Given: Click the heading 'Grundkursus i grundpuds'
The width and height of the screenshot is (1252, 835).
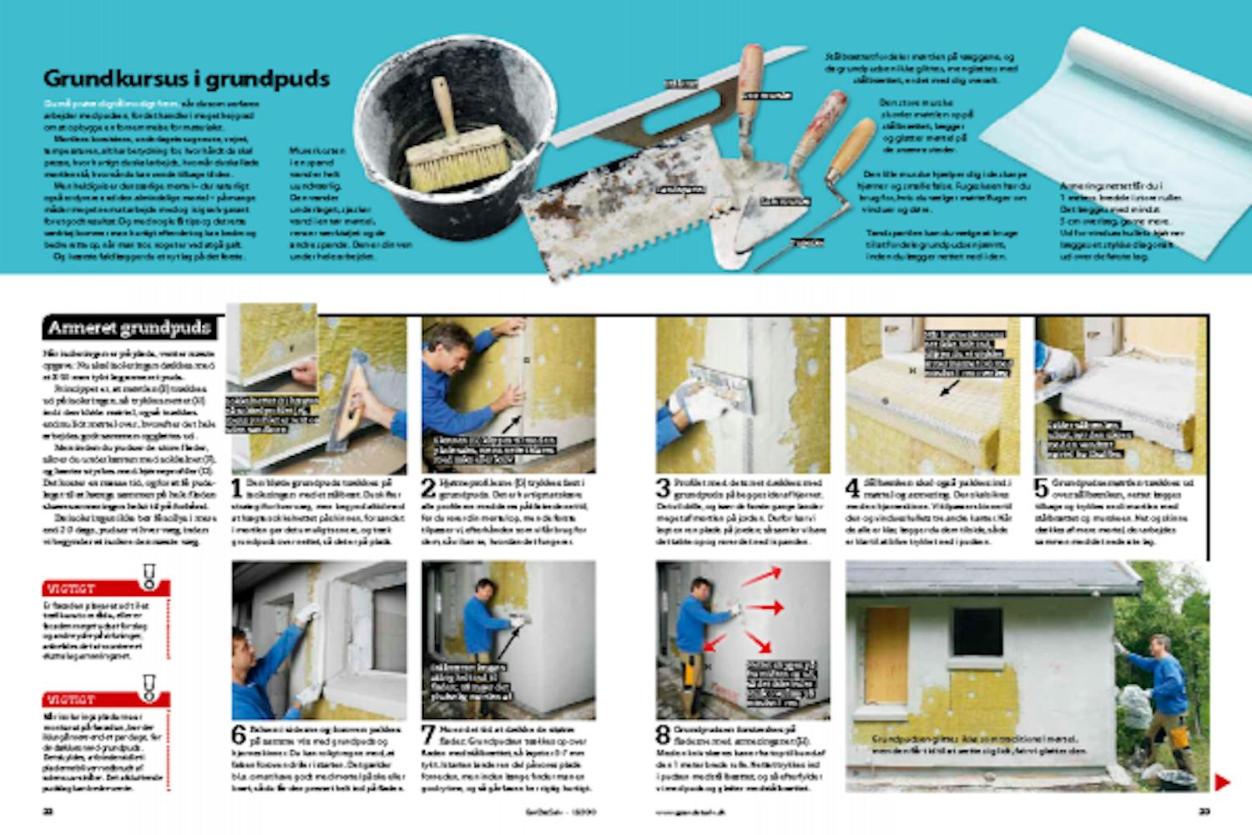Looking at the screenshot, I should pos(186,78).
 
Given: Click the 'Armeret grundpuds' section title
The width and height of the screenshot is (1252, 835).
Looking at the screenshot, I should pos(129,327).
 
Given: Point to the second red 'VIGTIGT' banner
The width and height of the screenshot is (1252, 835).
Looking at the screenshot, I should pos(106,699).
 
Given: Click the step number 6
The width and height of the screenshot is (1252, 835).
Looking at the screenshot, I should pos(239,735).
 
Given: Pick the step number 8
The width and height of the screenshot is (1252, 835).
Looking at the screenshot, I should pos(663,735).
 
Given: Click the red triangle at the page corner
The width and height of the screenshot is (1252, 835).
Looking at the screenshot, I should pos(1221,782).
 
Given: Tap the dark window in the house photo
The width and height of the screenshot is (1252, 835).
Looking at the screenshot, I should pos(977,632).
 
